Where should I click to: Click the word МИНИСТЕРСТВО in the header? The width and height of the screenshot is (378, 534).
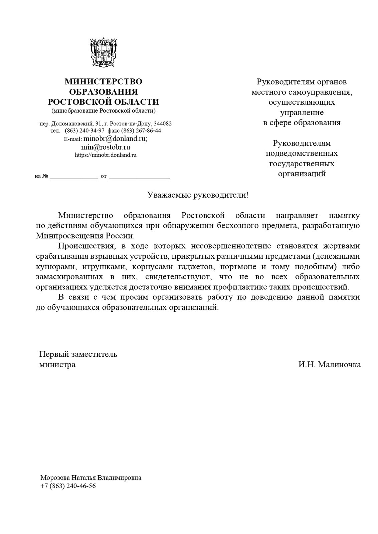[103, 81]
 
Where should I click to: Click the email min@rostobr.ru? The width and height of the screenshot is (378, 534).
[106, 147]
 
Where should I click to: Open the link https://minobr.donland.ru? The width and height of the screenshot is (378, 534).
[106, 155]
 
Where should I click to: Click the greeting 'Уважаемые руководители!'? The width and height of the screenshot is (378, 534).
[198, 195]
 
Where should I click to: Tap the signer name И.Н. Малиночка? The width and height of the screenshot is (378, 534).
[329, 364]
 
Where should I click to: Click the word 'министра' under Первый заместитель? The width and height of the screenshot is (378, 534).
[57, 364]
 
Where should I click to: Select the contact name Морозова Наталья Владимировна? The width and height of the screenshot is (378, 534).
[90, 478]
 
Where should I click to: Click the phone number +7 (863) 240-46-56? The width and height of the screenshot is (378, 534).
[68, 486]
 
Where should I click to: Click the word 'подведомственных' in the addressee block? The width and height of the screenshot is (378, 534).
[302, 154]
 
